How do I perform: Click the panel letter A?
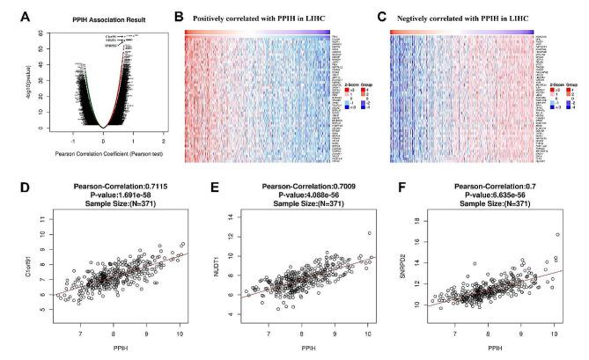tap(10, 15)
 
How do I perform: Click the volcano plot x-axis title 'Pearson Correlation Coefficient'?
tap(104, 152)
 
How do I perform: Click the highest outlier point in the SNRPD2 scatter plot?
tap(557, 234)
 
